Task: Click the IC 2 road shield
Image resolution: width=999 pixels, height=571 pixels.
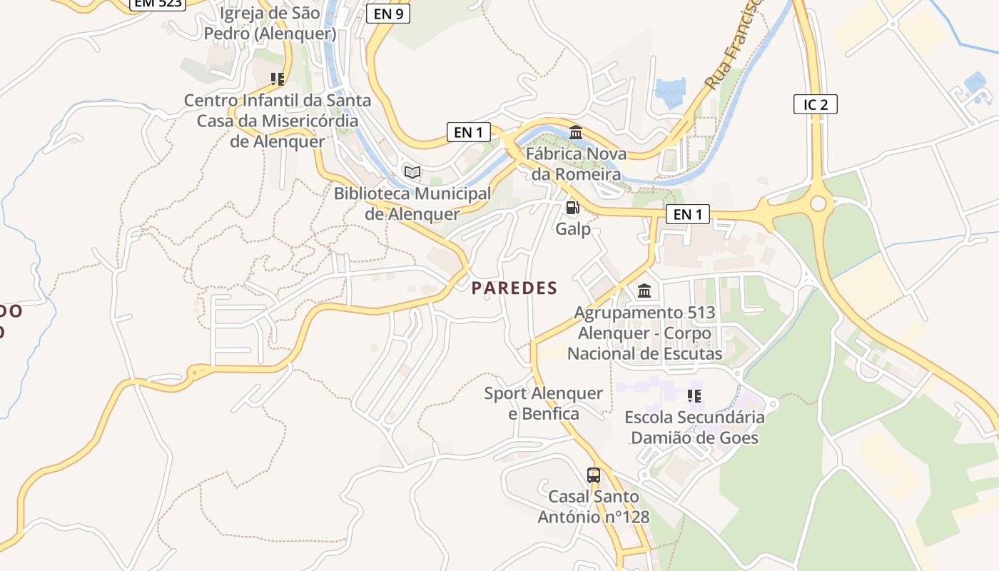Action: tap(815, 104)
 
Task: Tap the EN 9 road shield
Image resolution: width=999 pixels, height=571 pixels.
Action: tap(388, 13)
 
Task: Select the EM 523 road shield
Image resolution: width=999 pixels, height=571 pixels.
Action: tap(158, 4)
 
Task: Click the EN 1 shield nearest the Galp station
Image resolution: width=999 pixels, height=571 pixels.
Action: tap(687, 214)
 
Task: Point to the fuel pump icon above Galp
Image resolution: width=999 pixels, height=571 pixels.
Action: tap(572, 208)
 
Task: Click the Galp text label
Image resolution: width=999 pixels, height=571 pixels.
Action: tap(573, 228)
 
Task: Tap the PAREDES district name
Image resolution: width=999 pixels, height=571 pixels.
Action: tap(514, 288)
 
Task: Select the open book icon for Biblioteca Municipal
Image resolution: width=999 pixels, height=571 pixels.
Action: tap(412, 172)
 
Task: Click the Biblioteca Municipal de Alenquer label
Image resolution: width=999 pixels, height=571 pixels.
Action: tap(412, 203)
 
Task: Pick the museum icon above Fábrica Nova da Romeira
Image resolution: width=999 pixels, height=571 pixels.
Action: tap(576, 133)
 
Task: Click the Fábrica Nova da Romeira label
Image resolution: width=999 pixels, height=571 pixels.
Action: tap(576, 164)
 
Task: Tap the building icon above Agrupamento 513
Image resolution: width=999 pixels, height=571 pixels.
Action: tap(644, 290)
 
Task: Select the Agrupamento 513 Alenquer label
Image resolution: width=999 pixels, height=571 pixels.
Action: tap(644, 333)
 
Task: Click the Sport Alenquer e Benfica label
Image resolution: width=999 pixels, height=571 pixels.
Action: tap(543, 403)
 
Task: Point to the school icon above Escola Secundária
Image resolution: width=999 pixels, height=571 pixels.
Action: tap(694, 395)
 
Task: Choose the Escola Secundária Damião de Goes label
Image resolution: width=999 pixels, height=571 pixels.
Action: tap(694, 427)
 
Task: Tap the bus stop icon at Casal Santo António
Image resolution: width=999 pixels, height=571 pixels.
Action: tap(594, 475)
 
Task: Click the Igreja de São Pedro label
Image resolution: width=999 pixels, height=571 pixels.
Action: tap(270, 24)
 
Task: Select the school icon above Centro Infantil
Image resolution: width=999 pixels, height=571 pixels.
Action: tap(278, 79)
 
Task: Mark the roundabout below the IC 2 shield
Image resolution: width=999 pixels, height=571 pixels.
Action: tap(818, 204)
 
